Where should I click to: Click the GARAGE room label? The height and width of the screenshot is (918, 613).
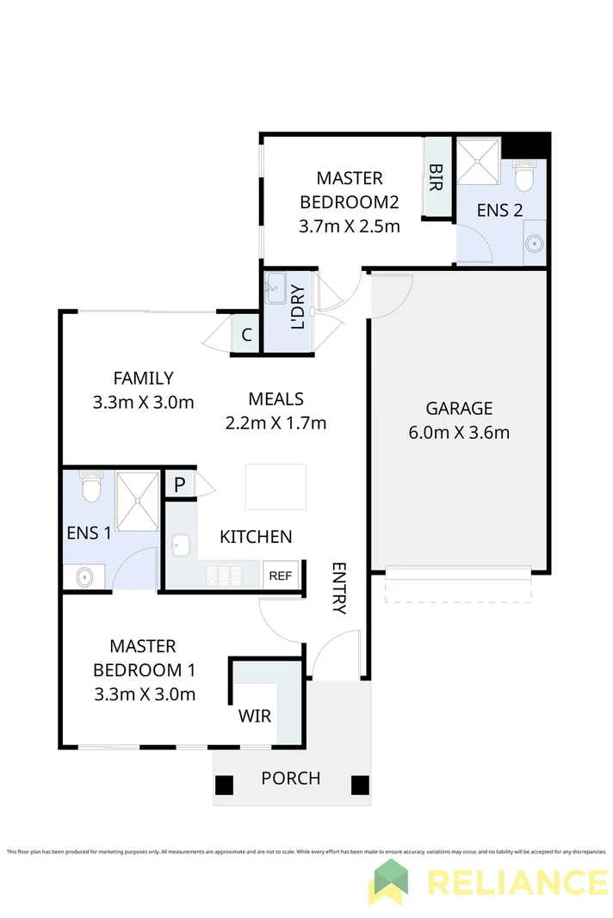pyautogui.click(x=459, y=408)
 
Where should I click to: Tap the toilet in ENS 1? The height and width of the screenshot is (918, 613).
pyautogui.click(x=91, y=487)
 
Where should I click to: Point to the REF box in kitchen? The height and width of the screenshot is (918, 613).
pyautogui.click(x=281, y=576)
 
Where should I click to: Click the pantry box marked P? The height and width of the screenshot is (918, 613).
pyautogui.click(x=179, y=484)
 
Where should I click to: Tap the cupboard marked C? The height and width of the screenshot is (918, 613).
pyautogui.click(x=246, y=336)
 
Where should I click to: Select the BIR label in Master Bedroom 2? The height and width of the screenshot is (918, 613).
pyautogui.click(x=437, y=177)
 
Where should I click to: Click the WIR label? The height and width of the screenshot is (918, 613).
pyautogui.click(x=255, y=715)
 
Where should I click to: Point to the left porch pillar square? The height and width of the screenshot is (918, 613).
pyautogui.click(x=224, y=785)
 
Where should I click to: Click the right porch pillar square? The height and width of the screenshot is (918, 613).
pyautogui.click(x=360, y=785)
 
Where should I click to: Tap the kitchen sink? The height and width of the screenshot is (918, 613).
pyautogui.click(x=181, y=545)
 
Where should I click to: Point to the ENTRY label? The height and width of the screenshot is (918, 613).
pyautogui.click(x=339, y=588)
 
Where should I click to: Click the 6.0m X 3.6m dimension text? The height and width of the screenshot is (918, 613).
pyautogui.click(x=459, y=432)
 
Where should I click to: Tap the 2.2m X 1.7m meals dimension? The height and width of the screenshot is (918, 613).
pyautogui.click(x=276, y=422)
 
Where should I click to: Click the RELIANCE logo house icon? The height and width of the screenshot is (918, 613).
pyautogui.click(x=389, y=881)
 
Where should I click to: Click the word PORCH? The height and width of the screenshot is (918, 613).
pyautogui.click(x=291, y=779)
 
